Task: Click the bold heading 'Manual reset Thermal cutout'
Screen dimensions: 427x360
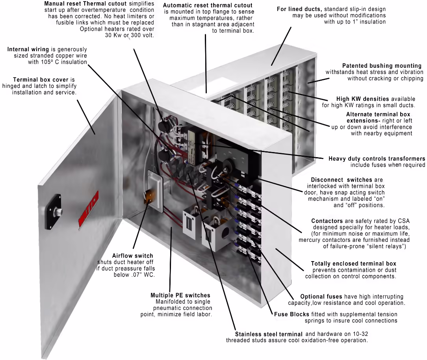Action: [x=85, y=4]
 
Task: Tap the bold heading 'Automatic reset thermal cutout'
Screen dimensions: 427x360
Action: [x=208, y=5]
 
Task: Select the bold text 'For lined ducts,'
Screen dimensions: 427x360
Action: [x=299, y=9]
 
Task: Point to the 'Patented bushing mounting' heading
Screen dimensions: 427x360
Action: [x=382, y=66]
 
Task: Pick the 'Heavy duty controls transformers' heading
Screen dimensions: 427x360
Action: [x=377, y=158]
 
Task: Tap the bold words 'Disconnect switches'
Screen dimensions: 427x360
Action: [x=341, y=180]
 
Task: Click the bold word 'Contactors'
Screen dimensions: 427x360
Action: [x=327, y=221]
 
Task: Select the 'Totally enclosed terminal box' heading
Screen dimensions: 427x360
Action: [x=353, y=264]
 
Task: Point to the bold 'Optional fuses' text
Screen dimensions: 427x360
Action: [x=321, y=297]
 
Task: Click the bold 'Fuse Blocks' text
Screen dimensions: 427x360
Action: [x=291, y=314]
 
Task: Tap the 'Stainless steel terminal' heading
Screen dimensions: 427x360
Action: [x=269, y=334]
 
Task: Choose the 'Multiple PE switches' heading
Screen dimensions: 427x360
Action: [x=180, y=295]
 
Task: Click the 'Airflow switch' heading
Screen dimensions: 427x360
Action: [x=133, y=256]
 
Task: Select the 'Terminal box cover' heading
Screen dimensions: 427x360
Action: [x=41, y=80]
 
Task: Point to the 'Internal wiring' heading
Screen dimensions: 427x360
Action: [x=28, y=49]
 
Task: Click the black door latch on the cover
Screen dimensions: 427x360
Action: [x=53, y=212]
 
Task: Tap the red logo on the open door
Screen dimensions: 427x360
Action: [x=88, y=208]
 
